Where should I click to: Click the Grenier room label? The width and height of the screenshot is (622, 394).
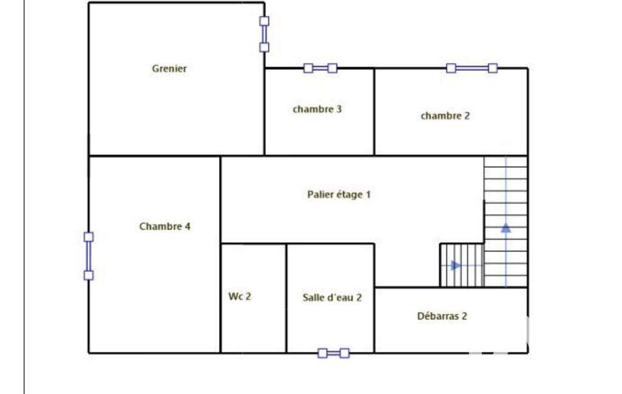(x=169, y=68)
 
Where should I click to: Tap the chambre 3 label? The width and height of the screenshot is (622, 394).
(x=317, y=109)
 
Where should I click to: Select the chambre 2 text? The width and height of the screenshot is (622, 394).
(x=445, y=116)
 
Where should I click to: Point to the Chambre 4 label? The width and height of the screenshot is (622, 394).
(x=164, y=226)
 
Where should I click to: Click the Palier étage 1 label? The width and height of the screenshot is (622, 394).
(x=339, y=195)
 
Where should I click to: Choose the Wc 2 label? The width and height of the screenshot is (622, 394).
(x=240, y=296)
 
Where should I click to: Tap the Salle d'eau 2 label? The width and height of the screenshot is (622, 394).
(x=332, y=298)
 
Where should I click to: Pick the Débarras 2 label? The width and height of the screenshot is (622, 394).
(x=442, y=316)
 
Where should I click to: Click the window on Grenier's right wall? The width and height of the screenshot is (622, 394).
(x=264, y=34)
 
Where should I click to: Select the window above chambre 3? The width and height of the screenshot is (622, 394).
(x=320, y=68)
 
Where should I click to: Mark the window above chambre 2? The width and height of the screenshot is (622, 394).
(x=472, y=68)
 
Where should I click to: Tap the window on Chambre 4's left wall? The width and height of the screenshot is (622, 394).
(x=89, y=256)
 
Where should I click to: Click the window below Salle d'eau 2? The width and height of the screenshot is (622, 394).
(x=334, y=353)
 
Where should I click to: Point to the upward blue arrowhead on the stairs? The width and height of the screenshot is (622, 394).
(x=505, y=228)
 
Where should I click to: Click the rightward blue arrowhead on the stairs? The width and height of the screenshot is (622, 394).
(x=456, y=265)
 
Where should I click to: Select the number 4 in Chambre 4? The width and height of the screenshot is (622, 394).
(x=188, y=226)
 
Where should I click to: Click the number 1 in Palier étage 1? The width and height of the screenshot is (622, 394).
(x=368, y=195)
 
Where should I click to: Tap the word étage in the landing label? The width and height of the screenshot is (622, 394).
(x=350, y=195)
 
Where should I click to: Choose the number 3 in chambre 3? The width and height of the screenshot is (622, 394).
(x=339, y=109)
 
